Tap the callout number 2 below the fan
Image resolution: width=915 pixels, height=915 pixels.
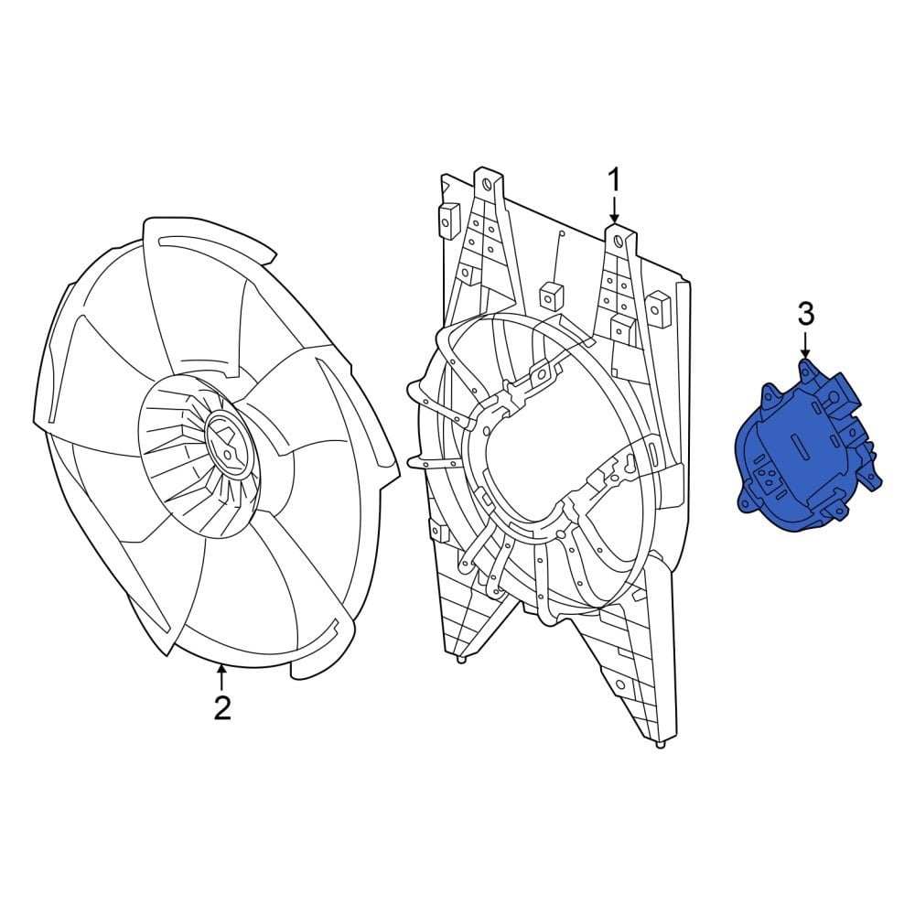coord(222,707)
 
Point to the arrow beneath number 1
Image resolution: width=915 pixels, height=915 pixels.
coord(615,209)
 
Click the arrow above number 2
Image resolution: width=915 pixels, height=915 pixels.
coord(221,677)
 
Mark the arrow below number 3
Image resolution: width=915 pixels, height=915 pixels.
coord(805,346)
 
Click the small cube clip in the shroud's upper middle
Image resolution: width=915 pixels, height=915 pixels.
coord(550,295)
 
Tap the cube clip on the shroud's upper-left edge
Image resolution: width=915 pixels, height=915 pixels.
coord(448,218)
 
